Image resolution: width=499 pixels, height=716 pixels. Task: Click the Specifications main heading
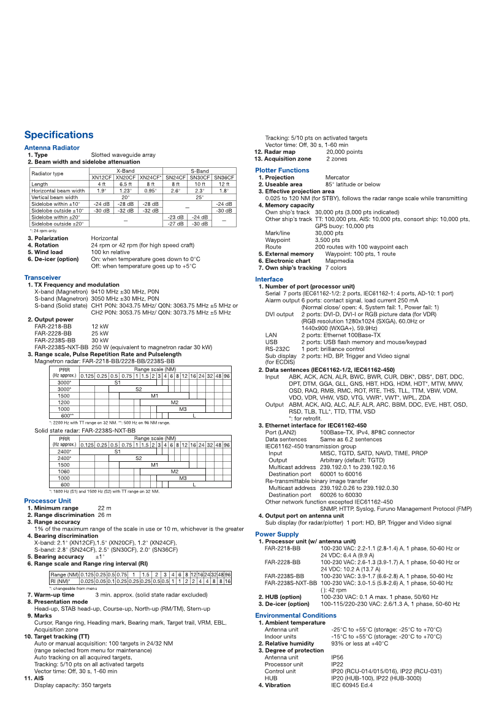[x=59, y=135]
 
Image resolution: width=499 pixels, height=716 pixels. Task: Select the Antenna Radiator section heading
[x=52, y=148]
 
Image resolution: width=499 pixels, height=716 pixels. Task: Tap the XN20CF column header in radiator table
[x=126, y=177]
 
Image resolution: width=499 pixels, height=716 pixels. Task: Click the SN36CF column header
[x=224, y=177]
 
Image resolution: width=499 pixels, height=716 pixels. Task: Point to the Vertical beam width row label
[x=55, y=197]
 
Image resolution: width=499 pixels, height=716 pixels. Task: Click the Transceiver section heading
[x=42, y=278]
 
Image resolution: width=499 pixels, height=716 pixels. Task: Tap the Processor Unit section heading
[x=47, y=501]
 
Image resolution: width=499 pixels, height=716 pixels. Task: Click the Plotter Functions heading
[x=282, y=170]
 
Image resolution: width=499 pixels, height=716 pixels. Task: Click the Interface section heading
[x=269, y=279]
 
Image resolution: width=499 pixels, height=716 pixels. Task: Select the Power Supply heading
[x=277, y=535]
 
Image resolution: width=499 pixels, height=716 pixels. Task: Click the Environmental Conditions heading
[x=295, y=616]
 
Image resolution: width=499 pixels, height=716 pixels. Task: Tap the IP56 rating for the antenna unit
[x=337, y=657]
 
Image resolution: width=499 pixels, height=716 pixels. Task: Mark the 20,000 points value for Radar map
[x=344, y=152]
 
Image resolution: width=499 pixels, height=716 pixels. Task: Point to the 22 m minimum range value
[x=104, y=508]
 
